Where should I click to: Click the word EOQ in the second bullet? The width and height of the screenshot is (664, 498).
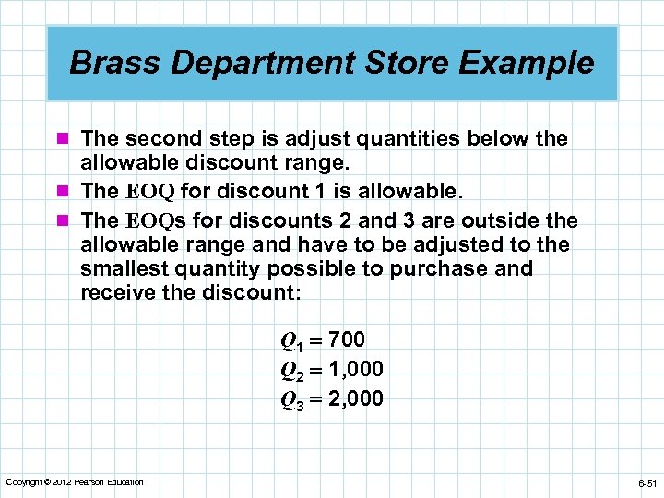(148, 193)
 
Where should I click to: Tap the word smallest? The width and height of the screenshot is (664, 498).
(123, 268)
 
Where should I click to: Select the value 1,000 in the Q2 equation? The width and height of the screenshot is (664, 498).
(355, 369)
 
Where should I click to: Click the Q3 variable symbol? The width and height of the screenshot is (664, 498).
(291, 399)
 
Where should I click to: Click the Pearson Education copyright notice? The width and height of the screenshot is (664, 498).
(74, 482)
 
